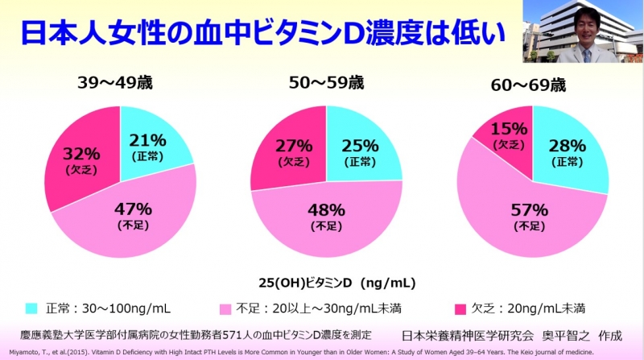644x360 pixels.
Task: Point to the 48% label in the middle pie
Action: (326, 212)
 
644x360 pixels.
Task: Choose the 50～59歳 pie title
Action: (327, 84)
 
